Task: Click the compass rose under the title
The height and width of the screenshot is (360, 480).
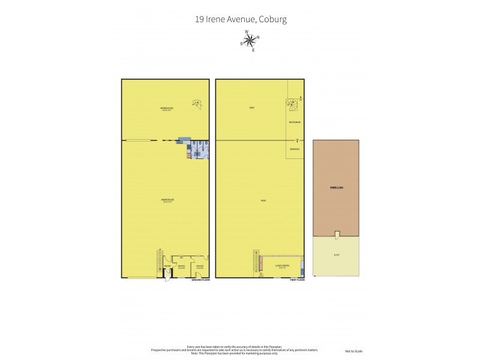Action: pyautogui.click(x=250, y=41)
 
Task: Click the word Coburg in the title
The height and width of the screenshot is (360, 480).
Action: pyautogui.click(x=272, y=19)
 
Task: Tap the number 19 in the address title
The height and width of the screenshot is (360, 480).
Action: pyautogui.click(x=199, y=19)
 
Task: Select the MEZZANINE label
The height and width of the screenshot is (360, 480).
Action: pyautogui.click(x=294, y=122)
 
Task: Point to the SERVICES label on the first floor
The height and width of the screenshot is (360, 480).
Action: pyautogui.click(x=294, y=149)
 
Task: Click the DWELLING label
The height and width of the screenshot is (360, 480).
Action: pyautogui.click(x=336, y=188)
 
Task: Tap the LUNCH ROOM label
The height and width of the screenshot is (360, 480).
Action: pyautogui.click(x=282, y=265)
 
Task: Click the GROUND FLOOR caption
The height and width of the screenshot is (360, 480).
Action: pyautogui.click(x=200, y=280)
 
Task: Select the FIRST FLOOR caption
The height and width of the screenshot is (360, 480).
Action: pyautogui.click(x=297, y=280)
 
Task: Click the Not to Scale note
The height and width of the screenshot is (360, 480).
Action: pyautogui.click(x=353, y=351)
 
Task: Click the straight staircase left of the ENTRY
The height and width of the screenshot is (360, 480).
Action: pyautogui.click(x=160, y=261)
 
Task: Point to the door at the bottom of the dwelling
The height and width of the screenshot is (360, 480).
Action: pyautogui.click(x=337, y=234)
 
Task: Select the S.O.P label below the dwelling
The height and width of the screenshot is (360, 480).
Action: pyautogui.click(x=336, y=256)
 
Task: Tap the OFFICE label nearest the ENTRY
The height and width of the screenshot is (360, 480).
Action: pyautogui.click(x=181, y=266)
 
